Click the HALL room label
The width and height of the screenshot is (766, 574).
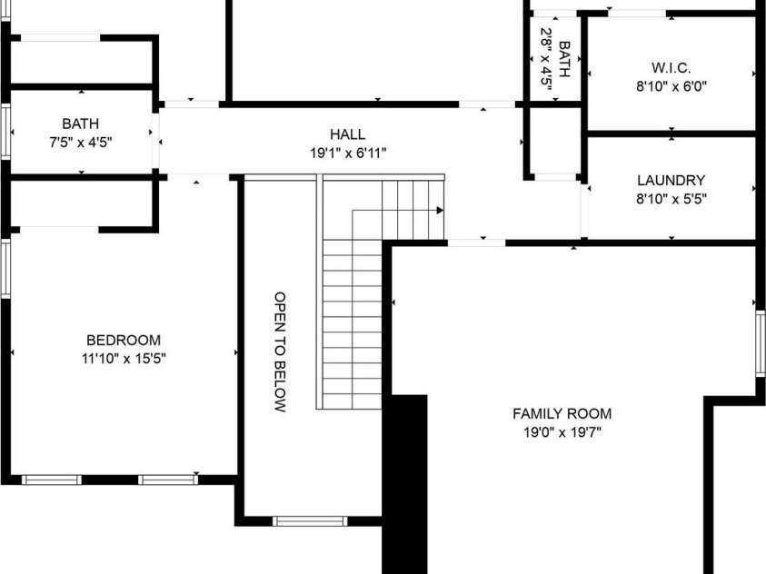point(347,134)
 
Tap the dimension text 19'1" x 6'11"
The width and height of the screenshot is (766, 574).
point(348,153)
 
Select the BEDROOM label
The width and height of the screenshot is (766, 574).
point(124,340)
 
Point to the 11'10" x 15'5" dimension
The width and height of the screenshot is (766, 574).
point(124,359)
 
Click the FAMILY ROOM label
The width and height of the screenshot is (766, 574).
point(562,414)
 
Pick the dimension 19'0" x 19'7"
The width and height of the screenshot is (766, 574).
point(562,432)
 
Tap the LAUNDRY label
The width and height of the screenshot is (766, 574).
point(671,180)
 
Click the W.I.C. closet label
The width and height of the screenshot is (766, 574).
point(671,68)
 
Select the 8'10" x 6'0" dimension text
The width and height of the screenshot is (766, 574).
point(671,87)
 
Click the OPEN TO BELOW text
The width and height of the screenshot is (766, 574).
point(280,351)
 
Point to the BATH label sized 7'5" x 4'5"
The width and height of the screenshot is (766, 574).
point(81,124)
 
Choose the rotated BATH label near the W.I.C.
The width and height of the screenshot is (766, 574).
point(564,59)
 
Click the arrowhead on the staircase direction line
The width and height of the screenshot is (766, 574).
point(440,211)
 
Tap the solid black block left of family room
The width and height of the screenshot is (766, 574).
point(405,484)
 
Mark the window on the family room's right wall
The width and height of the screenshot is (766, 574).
point(761,343)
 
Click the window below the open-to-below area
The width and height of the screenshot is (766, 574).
point(310,521)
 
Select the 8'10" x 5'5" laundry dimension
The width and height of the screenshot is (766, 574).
point(671,199)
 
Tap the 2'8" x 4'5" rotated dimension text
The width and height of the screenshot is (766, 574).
point(546,58)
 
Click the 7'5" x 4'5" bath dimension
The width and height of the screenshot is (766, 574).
point(81,143)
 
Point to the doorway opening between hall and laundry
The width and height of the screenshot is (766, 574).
point(584,212)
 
